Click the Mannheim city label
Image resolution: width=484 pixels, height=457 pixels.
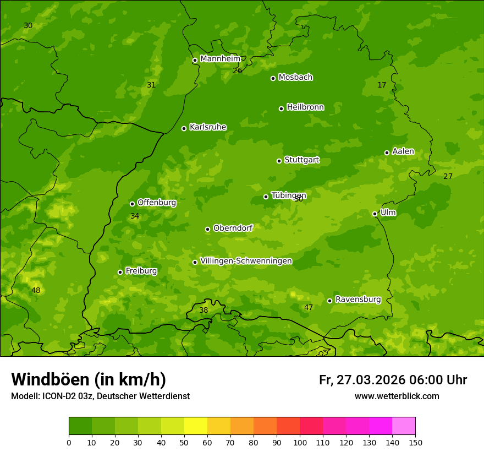(221, 59)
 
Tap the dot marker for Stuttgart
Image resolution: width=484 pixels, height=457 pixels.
(279, 161)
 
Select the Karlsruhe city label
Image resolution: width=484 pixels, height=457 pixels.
(208, 127)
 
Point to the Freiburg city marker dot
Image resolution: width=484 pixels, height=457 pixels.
(120, 272)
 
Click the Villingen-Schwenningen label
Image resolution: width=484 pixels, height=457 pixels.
(246, 261)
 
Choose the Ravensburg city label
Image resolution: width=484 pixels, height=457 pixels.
(358, 300)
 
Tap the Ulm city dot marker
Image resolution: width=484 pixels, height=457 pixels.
(375, 214)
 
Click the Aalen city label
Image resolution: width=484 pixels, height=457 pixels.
(403, 151)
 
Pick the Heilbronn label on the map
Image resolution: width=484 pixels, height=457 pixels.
(305, 107)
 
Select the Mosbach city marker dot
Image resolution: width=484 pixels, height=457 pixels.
(273, 78)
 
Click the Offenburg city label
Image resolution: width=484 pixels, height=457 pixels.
(157, 203)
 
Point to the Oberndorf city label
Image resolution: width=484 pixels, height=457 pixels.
(233, 228)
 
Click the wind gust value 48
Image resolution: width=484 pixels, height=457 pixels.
(36, 290)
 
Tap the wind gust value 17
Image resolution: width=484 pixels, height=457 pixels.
(382, 85)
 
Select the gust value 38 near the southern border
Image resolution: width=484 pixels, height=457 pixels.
(204, 310)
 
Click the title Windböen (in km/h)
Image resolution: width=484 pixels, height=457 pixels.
(89, 379)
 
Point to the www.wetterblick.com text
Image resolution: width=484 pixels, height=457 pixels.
(397, 396)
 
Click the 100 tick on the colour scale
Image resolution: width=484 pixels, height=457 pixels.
(300, 442)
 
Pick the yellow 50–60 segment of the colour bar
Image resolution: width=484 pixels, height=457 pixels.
(196, 426)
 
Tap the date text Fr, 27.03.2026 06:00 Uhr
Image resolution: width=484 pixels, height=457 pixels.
(393, 380)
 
